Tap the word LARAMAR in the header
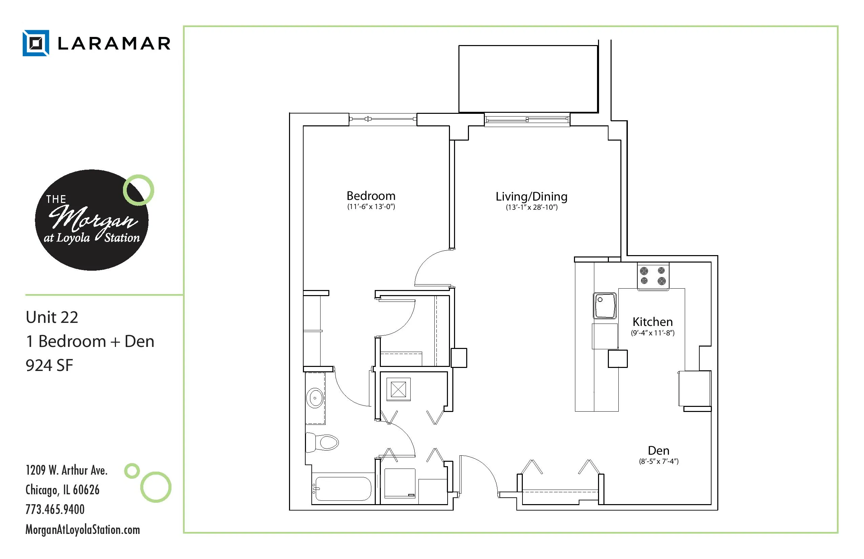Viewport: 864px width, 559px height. point(114,44)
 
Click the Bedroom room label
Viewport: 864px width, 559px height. point(371,196)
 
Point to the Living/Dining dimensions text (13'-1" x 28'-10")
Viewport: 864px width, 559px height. point(532,207)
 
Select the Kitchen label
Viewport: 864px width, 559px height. point(652,322)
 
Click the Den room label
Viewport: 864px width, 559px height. point(659,451)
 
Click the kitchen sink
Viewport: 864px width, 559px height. point(605,306)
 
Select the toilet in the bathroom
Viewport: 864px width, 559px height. point(322,442)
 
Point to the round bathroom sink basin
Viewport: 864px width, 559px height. point(315,398)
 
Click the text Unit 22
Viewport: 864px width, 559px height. point(52,317)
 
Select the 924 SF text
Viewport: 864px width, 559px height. point(49,365)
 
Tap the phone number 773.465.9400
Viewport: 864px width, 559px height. point(55,509)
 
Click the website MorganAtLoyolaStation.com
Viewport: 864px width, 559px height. point(83,530)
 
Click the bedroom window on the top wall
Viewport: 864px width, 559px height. point(383,119)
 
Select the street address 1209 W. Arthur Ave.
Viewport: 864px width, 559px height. point(66,470)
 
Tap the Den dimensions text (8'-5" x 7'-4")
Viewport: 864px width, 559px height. point(659,461)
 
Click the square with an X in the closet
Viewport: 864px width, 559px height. point(398,390)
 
